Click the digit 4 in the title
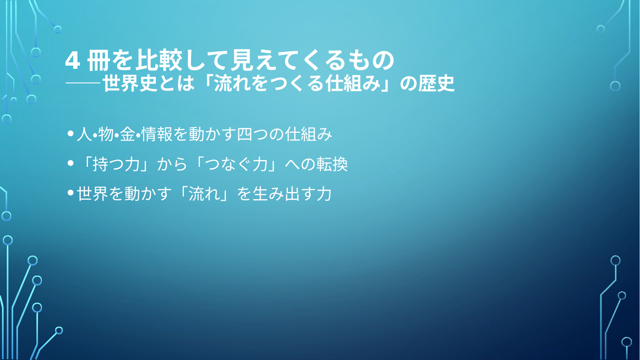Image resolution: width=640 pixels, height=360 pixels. (72, 61)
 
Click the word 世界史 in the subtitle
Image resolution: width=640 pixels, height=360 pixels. (130, 83)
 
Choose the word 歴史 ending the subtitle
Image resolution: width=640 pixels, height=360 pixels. (436, 83)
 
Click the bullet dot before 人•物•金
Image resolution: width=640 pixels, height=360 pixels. (71, 134)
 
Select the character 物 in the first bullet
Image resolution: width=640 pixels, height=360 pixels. (106, 134)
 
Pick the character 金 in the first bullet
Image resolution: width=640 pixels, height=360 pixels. (128, 134)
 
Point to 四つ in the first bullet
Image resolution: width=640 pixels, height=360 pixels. (252, 134)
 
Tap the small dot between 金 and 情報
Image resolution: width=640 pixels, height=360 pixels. (138, 134)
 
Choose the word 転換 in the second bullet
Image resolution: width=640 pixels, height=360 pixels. (332, 164)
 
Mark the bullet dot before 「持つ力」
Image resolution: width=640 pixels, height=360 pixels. (71, 163)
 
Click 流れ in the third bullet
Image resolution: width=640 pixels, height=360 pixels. (205, 194)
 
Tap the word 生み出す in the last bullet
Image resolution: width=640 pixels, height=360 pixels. (283, 194)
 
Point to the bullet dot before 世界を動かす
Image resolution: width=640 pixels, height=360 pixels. (71, 192)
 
